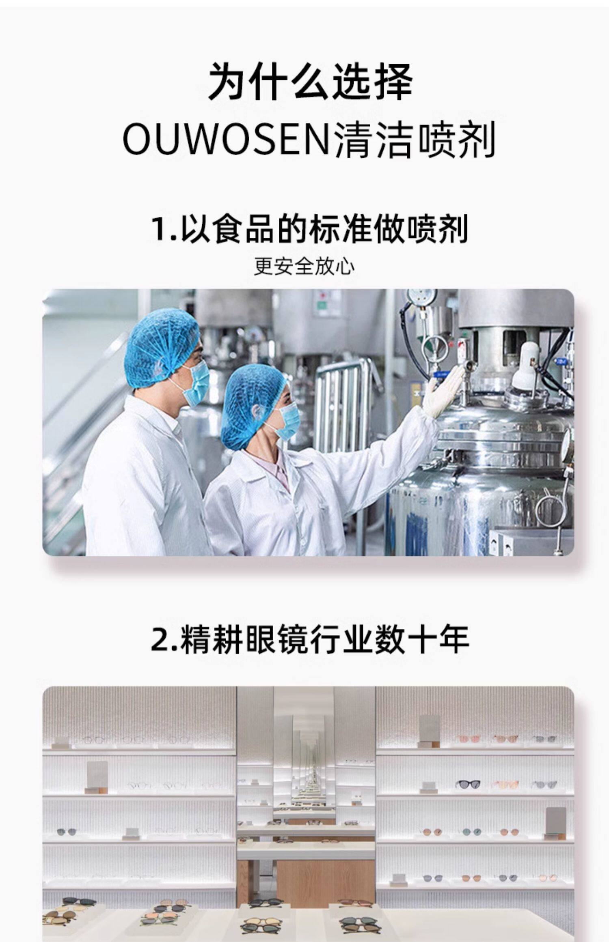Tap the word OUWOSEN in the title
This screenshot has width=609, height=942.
click(x=226, y=140)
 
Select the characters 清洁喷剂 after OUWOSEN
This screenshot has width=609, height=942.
click(x=414, y=140)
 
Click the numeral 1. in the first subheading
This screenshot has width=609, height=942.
click(x=164, y=229)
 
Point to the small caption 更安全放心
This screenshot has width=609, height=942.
click(x=304, y=267)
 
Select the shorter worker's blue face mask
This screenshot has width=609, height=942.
click(x=286, y=423)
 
